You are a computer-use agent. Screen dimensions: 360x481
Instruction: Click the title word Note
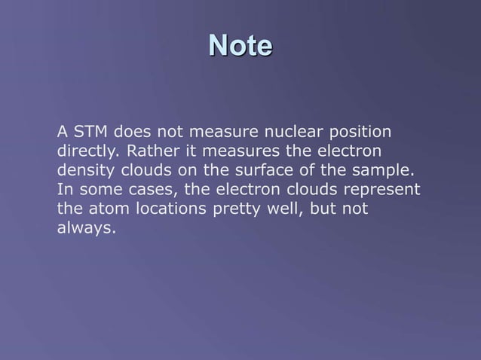[x=240, y=46]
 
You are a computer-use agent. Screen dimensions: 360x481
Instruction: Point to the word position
[x=359, y=133]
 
